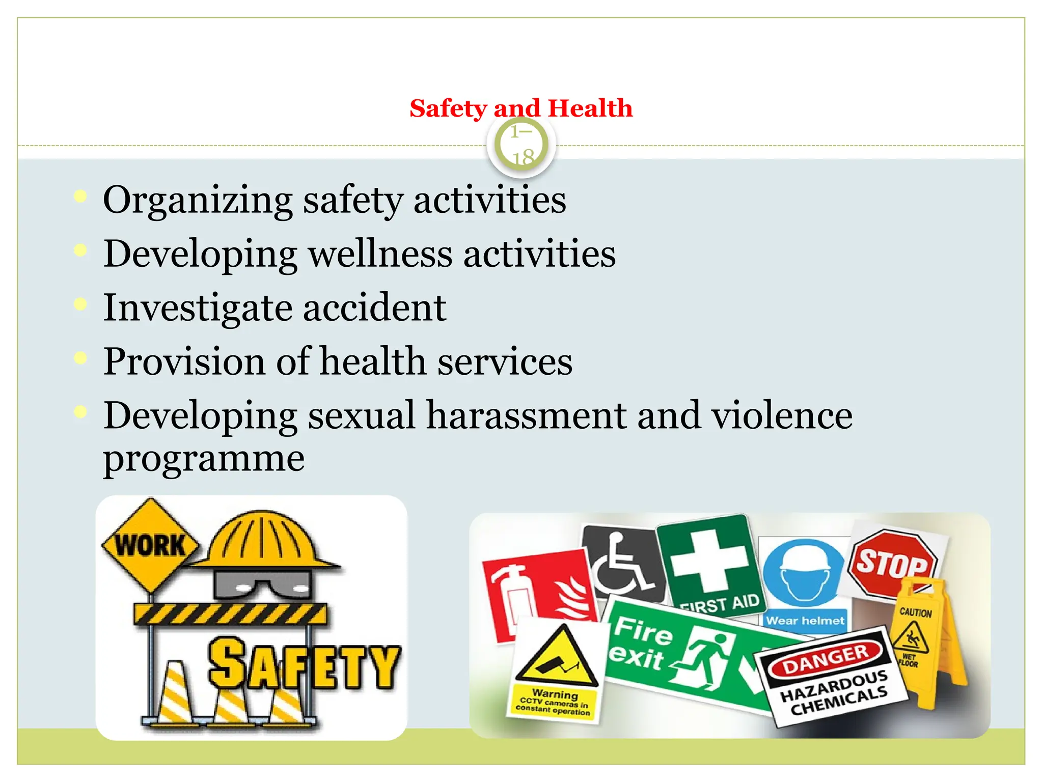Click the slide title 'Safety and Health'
[x=521, y=108]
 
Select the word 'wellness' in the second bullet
[x=380, y=254]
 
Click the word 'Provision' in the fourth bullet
[x=184, y=361]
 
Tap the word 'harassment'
[x=526, y=415]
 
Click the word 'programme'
[x=204, y=458]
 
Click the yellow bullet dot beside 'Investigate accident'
[x=80, y=304]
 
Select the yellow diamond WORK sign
[x=150, y=545]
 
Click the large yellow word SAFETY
[x=304, y=664]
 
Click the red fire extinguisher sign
[x=540, y=593]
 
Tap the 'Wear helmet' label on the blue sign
[x=805, y=621]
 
